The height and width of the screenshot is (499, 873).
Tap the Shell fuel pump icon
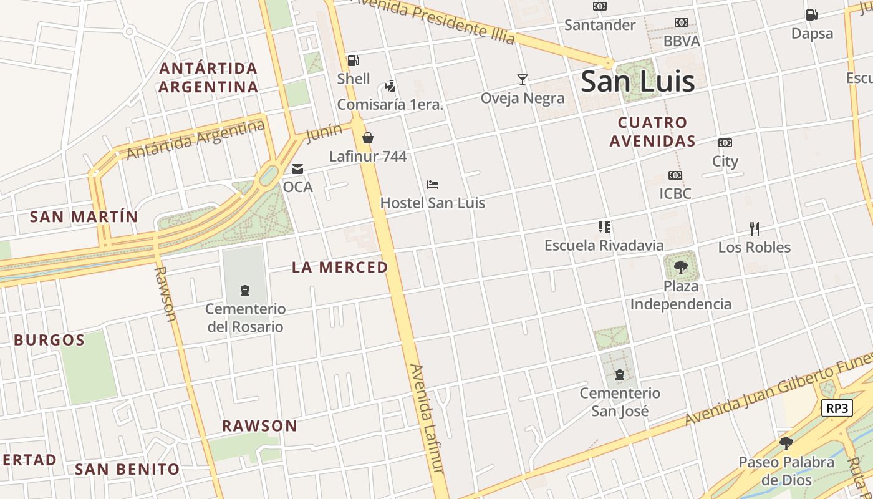click(x=353, y=61)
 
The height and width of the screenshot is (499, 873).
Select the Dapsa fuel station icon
click(x=811, y=14)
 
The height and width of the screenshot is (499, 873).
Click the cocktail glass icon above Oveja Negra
click(x=523, y=79)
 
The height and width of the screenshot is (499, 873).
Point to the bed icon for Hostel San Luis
click(x=433, y=184)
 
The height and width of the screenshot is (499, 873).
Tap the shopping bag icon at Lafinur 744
click(x=368, y=138)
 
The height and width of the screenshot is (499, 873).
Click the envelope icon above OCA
click(x=297, y=168)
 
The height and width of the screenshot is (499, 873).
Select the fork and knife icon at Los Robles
click(x=754, y=228)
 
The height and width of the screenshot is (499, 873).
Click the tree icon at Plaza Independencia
click(x=681, y=268)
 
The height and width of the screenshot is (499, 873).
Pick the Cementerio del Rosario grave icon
click(x=245, y=290)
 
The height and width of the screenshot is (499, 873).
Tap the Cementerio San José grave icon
click(x=620, y=375)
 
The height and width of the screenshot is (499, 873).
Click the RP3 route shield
click(x=837, y=409)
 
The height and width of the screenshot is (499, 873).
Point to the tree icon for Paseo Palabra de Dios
click(x=786, y=443)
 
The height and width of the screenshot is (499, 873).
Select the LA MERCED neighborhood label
click(x=340, y=268)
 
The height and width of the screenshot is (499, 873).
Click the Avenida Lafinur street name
click(x=427, y=418)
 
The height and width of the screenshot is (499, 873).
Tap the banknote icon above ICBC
click(x=675, y=175)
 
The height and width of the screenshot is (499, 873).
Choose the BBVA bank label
click(x=682, y=41)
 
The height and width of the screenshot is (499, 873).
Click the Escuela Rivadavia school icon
click(x=604, y=227)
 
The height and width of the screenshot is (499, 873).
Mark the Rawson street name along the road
click(x=165, y=293)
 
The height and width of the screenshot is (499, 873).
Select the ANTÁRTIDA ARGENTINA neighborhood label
click(x=208, y=77)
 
